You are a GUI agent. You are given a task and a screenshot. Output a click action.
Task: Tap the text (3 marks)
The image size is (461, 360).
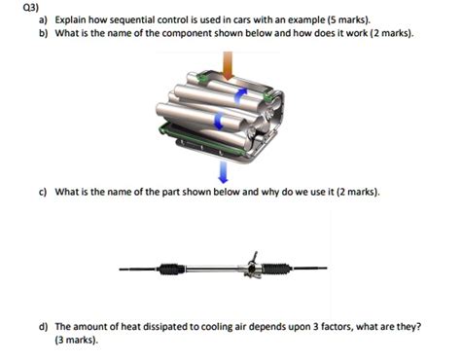(x=77, y=341)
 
